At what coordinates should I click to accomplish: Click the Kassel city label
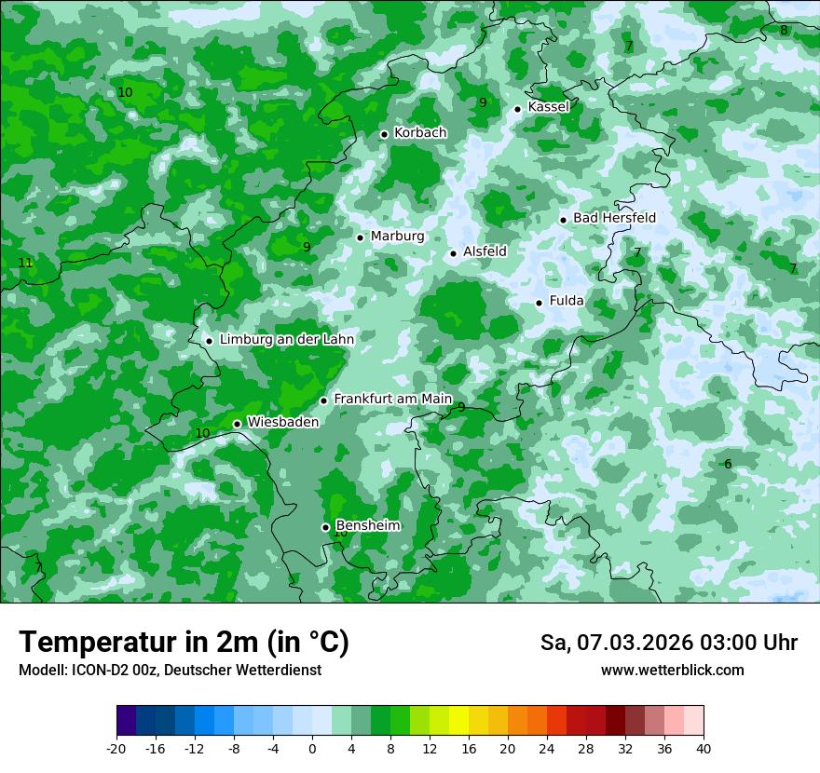pyautogui.click(x=548, y=107)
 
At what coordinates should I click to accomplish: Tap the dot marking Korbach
pyautogui.click(x=384, y=134)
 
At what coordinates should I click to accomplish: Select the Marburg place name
pyautogui.click(x=397, y=237)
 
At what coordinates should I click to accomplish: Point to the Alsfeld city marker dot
pyautogui.click(x=453, y=253)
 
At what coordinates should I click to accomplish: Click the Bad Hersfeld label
pyautogui.click(x=614, y=218)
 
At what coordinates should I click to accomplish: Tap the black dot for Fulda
pyautogui.click(x=539, y=303)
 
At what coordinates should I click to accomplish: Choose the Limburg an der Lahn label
pyautogui.click(x=286, y=340)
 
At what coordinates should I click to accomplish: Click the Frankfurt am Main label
pyautogui.click(x=392, y=399)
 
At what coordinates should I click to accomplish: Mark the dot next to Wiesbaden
pyautogui.click(x=237, y=424)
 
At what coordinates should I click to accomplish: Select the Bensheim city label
pyautogui.click(x=367, y=525)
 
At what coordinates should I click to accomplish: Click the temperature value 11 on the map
pyautogui.click(x=25, y=264)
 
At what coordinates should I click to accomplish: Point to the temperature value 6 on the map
pyautogui.click(x=728, y=465)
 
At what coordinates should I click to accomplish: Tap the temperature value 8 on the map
pyautogui.click(x=784, y=31)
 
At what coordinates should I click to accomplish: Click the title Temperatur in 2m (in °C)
pyautogui.click(x=184, y=643)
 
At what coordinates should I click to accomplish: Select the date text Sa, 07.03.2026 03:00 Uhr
pyautogui.click(x=668, y=643)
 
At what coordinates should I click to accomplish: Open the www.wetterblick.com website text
pyautogui.click(x=672, y=671)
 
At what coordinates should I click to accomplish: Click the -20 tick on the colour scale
pyautogui.click(x=116, y=749)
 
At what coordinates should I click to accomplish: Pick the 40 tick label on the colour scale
pyautogui.click(x=703, y=749)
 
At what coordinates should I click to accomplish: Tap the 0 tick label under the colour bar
pyautogui.click(x=312, y=749)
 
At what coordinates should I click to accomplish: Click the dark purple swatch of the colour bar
pyautogui.click(x=126, y=721)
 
